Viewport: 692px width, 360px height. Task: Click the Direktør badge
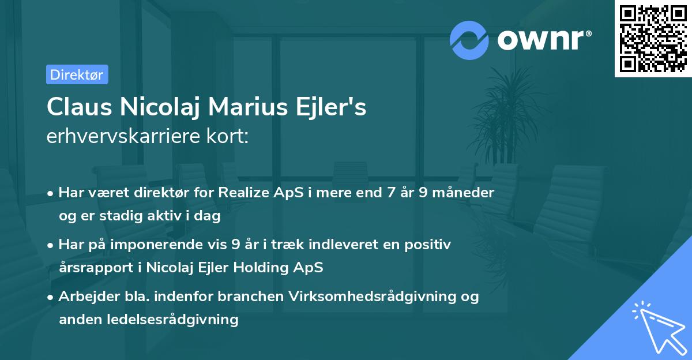[x=77, y=74]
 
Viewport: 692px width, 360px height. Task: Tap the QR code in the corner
[x=653, y=38]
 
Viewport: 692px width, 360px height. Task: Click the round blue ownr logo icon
[x=469, y=40]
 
